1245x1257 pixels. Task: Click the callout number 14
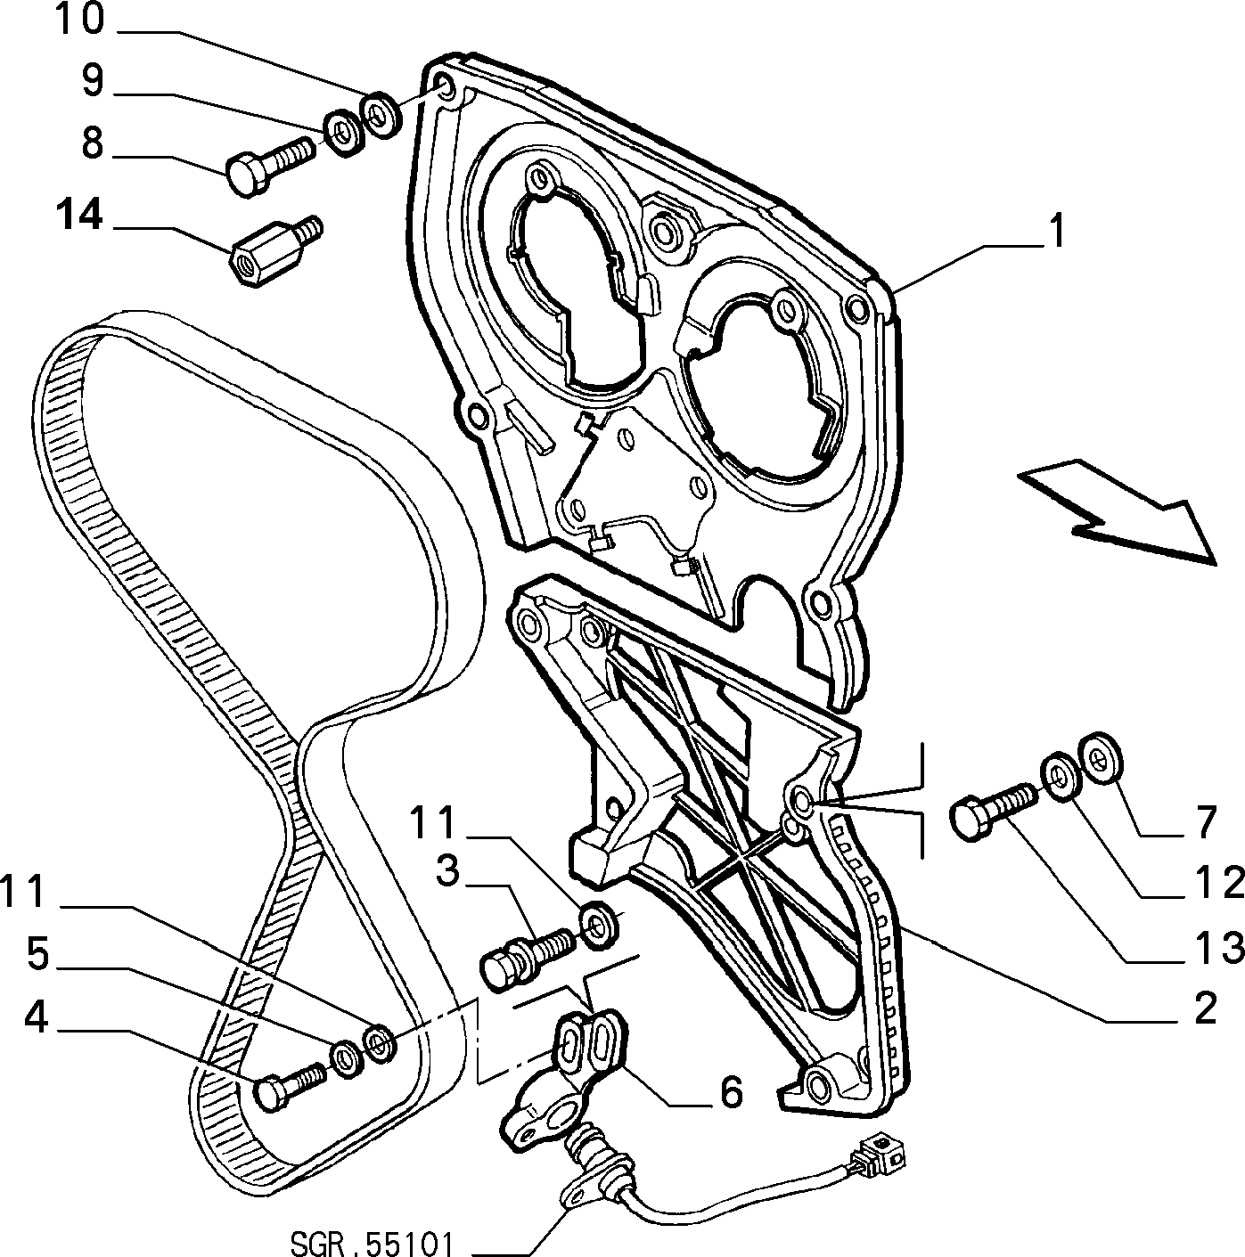[79, 215]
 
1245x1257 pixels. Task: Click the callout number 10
[79, 20]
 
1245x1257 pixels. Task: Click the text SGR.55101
[371, 1244]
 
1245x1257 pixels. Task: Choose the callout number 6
[731, 1090]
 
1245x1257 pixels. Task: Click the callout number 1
[1056, 231]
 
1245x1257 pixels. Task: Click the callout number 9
[92, 81]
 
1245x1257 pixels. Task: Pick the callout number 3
[447, 872]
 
